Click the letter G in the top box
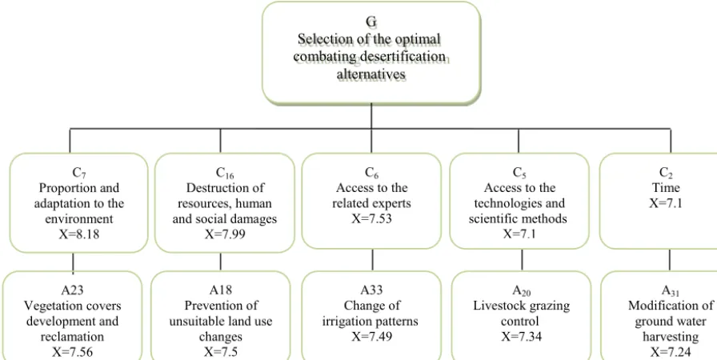(x=371, y=21)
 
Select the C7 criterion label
(x=79, y=173)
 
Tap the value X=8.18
(x=79, y=234)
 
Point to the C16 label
(x=226, y=173)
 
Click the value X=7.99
(x=225, y=234)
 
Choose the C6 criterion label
(x=371, y=173)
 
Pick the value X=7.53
(x=372, y=219)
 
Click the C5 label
(x=519, y=173)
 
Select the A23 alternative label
(x=73, y=290)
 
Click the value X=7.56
(x=73, y=352)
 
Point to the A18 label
(x=220, y=290)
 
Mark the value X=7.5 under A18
(x=221, y=352)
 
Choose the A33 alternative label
(x=371, y=290)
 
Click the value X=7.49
(x=372, y=337)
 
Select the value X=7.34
(x=521, y=337)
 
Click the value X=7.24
(x=671, y=352)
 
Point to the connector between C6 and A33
(x=372, y=260)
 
